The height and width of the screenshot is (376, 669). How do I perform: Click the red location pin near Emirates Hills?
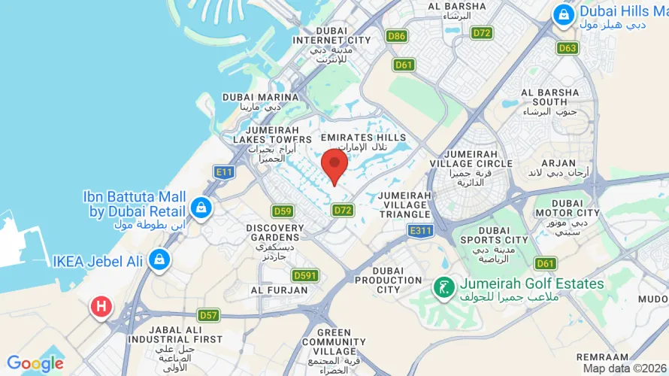click(x=334, y=164)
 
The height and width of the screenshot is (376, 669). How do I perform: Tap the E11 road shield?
click(x=223, y=172)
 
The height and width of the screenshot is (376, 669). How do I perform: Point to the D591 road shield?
click(x=304, y=275)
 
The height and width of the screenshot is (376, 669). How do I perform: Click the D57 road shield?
click(x=208, y=314)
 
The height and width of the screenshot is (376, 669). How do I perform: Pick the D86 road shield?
click(x=396, y=35)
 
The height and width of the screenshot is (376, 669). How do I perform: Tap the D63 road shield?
click(x=568, y=48)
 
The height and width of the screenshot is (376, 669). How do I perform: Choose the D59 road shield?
click(x=283, y=211)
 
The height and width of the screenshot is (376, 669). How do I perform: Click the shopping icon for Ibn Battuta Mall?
click(x=201, y=207)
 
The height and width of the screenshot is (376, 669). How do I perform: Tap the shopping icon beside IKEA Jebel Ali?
click(x=158, y=260)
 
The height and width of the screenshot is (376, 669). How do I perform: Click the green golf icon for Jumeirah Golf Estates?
click(x=443, y=286)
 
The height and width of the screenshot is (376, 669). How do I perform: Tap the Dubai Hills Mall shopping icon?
click(x=562, y=14)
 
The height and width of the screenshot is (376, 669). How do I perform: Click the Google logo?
click(x=35, y=363)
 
